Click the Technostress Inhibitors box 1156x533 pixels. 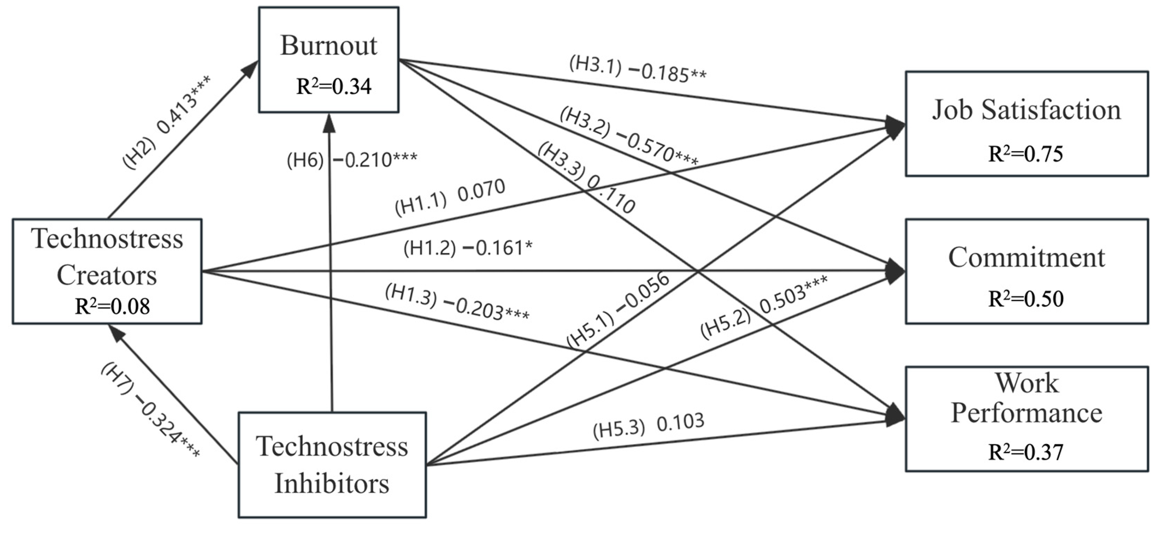pos(332,465)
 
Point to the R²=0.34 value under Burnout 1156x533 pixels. pos(334,87)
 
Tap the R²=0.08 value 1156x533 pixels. pos(112,307)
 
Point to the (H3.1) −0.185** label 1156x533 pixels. pos(637,70)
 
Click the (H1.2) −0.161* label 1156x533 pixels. pos(468,248)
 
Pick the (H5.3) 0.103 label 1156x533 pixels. pos(648,426)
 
